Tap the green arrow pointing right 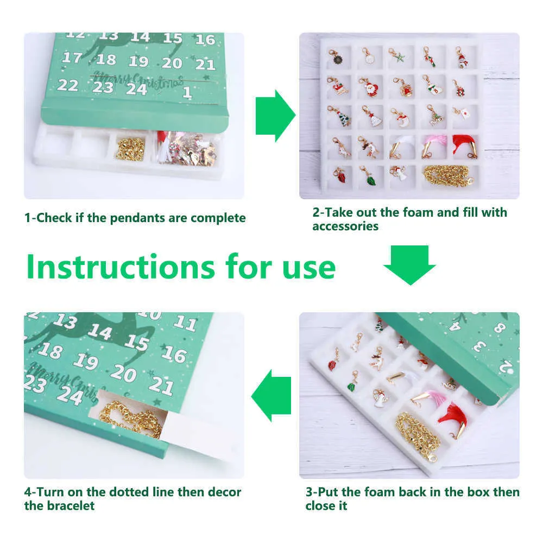coord(275,116)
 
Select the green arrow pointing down coord(409,265)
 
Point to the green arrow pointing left coord(271,395)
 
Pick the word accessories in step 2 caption coord(345,226)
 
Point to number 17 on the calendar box coord(72,58)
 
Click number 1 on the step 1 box coord(187,92)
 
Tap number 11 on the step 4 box coord(186,323)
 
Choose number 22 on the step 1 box coord(67,85)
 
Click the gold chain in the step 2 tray coord(448,175)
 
